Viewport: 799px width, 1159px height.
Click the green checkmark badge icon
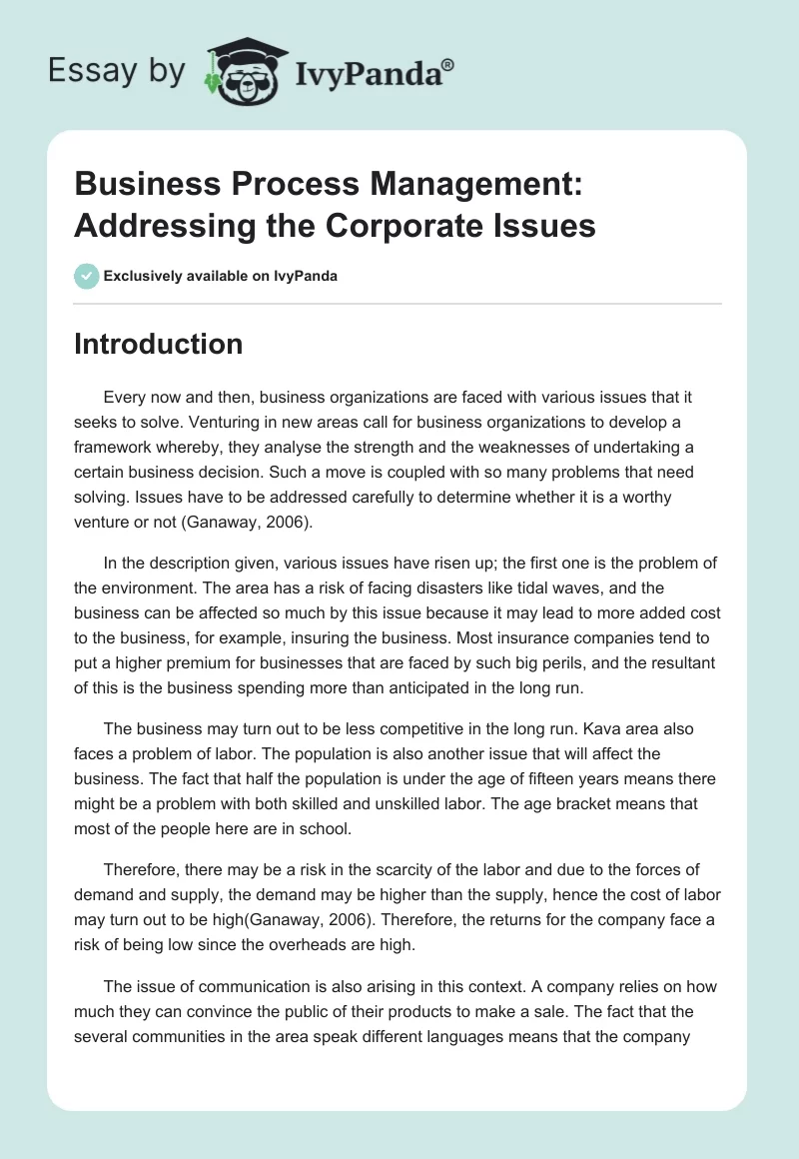[x=86, y=276]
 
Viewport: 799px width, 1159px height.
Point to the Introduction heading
[x=158, y=344]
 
